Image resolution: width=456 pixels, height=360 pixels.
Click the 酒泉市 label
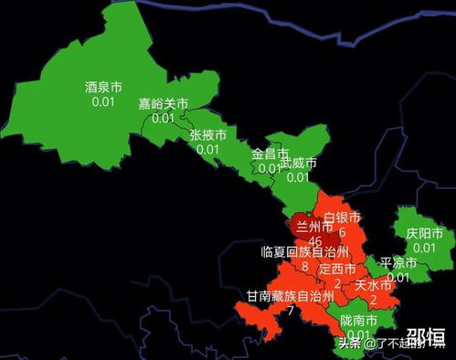click(x=103, y=88)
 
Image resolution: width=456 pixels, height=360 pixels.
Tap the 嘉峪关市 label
click(x=163, y=104)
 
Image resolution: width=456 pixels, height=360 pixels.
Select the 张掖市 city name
click(x=207, y=134)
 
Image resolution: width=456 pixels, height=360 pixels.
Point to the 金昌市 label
click(x=270, y=154)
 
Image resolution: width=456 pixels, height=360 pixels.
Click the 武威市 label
click(x=298, y=163)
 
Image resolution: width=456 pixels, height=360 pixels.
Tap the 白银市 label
click(x=343, y=218)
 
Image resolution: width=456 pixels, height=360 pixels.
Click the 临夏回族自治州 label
click(x=304, y=251)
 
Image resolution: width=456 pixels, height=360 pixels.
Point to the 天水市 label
click(x=373, y=284)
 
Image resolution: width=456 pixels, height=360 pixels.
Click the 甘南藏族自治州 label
click(x=291, y=296)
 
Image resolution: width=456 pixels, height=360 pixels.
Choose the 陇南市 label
click(x=357, y=320)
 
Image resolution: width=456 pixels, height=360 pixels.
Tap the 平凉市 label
click(x=398, y=263)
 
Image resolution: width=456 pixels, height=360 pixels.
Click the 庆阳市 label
click(x=424, y=234)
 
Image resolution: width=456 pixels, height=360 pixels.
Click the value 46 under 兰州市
click(x=315, y=240)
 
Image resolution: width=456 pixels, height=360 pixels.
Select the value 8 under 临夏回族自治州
click(x=304, y=266)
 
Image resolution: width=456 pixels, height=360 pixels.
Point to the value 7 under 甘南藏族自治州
click(x=291, y=311)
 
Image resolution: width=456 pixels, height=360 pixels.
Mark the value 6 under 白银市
click(x=342, y=233)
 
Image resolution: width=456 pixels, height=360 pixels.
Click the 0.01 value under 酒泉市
click(x=103, y=102)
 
